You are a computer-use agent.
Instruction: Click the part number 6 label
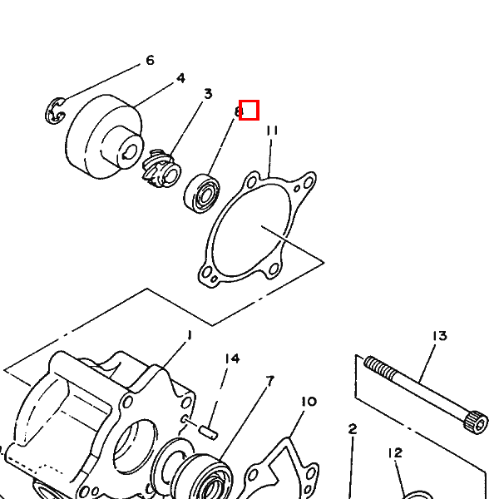pos(150,60)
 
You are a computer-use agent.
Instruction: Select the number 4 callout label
pos(180,78)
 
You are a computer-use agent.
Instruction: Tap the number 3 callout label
pos(208,94)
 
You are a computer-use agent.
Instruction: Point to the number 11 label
pos(272,131)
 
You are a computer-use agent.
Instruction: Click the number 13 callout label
pos(439,336)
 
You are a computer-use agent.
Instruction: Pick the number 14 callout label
pos(232,358)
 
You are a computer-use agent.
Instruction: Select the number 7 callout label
pos(269,381)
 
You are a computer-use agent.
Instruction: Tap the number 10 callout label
pos(309,402)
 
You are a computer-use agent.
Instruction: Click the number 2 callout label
pos(353,429)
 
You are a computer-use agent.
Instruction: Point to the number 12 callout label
pos(395,453)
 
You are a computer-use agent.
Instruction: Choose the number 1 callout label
pos(190,335)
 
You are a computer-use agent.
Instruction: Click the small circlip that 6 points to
pos(55,111)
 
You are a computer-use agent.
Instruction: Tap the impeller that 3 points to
pos(161,169)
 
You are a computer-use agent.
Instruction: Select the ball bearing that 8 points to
pos(202,193)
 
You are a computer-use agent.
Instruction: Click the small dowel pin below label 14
pos(209,432)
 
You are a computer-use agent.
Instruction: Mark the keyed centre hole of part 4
pos(131,155)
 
